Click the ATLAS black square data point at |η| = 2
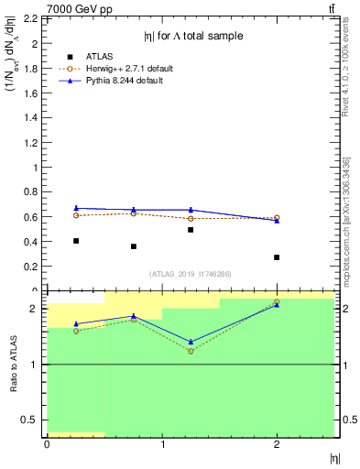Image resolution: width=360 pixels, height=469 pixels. (x=277, y=257)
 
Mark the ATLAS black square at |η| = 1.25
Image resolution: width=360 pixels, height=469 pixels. (x=191, y=230)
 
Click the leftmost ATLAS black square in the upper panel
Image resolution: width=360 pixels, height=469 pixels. (x=76, y=241)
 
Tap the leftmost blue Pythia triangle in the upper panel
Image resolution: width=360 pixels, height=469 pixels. (x=76, y=208)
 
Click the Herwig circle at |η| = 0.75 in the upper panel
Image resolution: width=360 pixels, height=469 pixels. (x=134, y=213)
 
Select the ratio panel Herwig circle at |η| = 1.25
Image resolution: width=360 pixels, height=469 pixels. (x=191, y=352)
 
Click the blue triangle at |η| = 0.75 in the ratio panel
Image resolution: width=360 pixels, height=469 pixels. (x=134, y=316)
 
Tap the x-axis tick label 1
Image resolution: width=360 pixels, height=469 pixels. (x=162, y=444)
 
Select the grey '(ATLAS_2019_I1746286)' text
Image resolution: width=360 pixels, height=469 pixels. (x=190, y=274)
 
